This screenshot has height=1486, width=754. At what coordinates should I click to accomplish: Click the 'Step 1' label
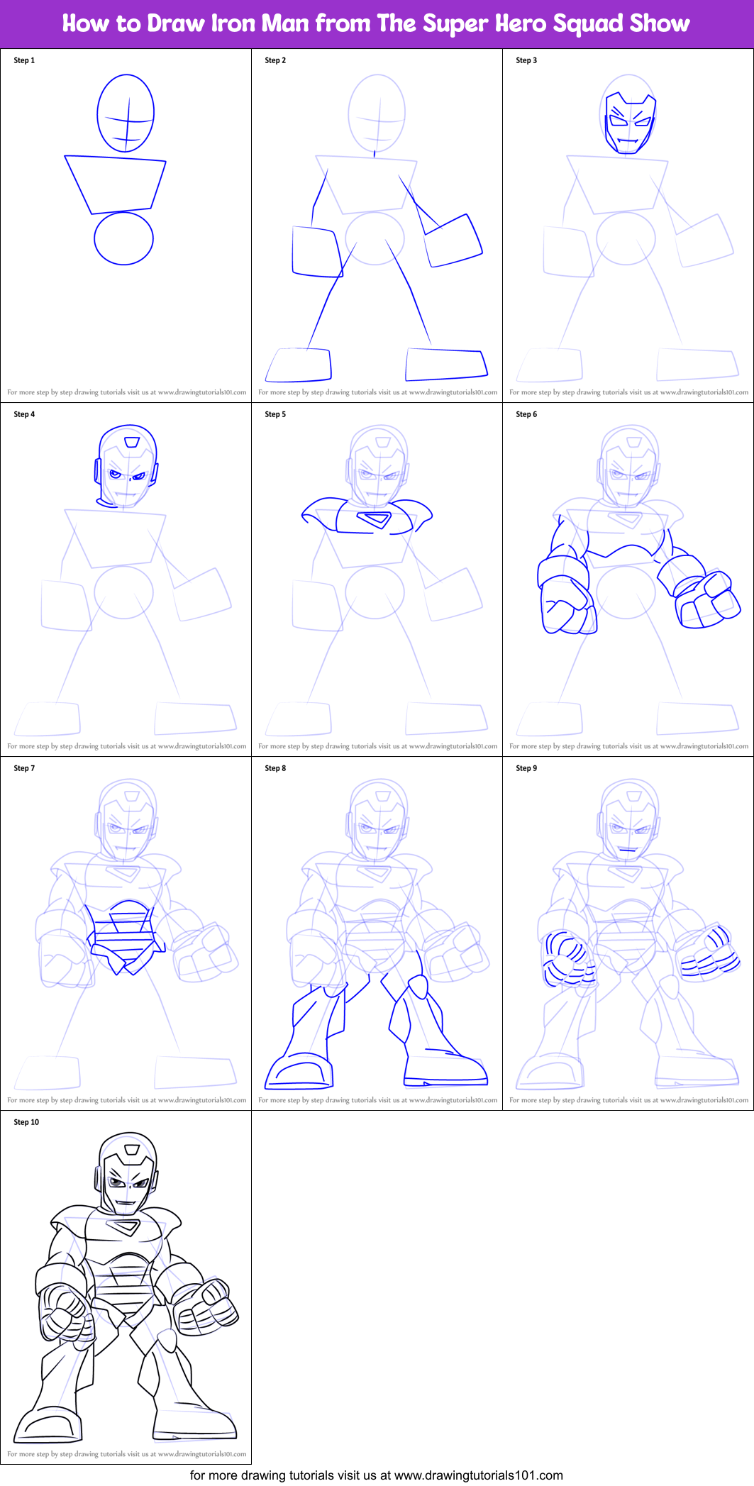[x=24, y=60]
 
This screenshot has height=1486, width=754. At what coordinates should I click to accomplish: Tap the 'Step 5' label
[x=275, y=414]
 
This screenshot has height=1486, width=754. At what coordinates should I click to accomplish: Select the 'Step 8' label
[x=275, y=768]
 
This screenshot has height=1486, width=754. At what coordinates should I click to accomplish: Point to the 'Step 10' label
[x=26, y=1122]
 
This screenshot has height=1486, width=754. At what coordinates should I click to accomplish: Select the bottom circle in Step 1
[x=123, y=238]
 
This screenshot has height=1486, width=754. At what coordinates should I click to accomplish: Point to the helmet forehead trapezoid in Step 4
[x=131, y=442]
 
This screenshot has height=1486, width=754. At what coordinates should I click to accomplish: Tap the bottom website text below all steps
[x=377, y=1475]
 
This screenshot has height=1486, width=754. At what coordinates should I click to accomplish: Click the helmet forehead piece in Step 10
[x=131, y=1150]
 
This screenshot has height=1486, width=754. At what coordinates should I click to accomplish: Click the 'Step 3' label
[x=526, y=60]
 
